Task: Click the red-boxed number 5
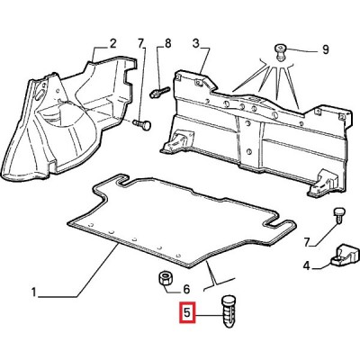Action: tap(187, 313)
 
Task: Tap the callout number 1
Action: tap(34, 292)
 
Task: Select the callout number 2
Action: tap(112, 44)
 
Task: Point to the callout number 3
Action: tap(195, 44)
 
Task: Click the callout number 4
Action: tap(306, 265)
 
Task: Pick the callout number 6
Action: tap(186, 289)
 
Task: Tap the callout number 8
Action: tap(167, 43)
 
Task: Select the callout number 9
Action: tap(325, 49)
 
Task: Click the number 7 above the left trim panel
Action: tap(141, 43)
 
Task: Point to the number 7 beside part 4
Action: tap(306, 242)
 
